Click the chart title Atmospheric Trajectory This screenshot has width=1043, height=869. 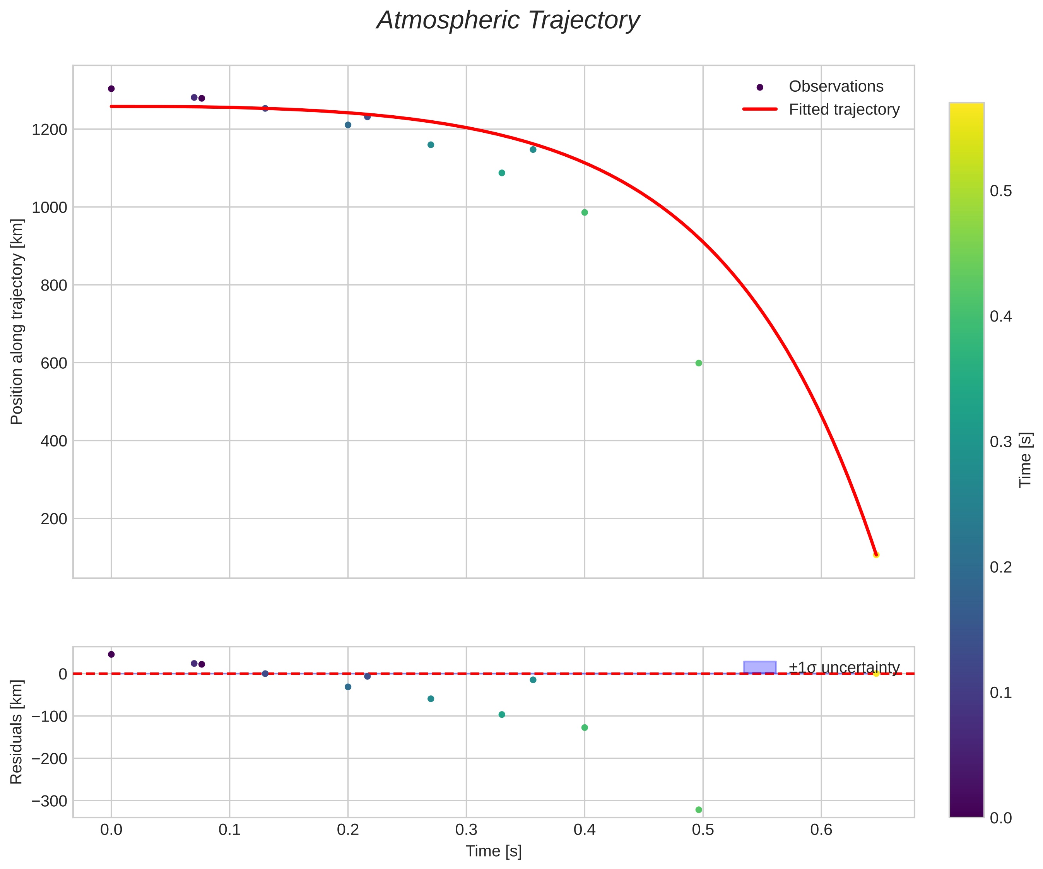click(x=508, y=21)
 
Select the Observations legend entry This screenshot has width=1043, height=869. click(x=836, y=86)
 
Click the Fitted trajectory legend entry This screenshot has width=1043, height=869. click(x=844, y=109)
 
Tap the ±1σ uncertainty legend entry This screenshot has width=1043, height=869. click(x=844, y=667)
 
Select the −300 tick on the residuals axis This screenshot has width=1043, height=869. click(x=49, y=801)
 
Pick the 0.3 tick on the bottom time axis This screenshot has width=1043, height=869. click(x=466, y=830)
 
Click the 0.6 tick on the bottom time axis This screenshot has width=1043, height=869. click(x=821, y=830)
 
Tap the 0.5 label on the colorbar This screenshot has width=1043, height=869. click(x=1001, y=191)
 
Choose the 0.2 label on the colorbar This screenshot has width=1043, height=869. click(x=1001, y=567)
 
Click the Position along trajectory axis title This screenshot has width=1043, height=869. click(x=17, y=322)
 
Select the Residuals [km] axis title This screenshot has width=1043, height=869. click(x=17, y=732)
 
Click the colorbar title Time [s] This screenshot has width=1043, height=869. click(x=1025, y=460)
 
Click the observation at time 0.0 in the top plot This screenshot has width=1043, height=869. click(x=111, y=89)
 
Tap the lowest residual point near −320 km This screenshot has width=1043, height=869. click(x=698, y=810)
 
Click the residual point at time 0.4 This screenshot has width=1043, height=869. click(x=585, y=727)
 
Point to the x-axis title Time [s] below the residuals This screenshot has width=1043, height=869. click(x=494, y=851)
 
